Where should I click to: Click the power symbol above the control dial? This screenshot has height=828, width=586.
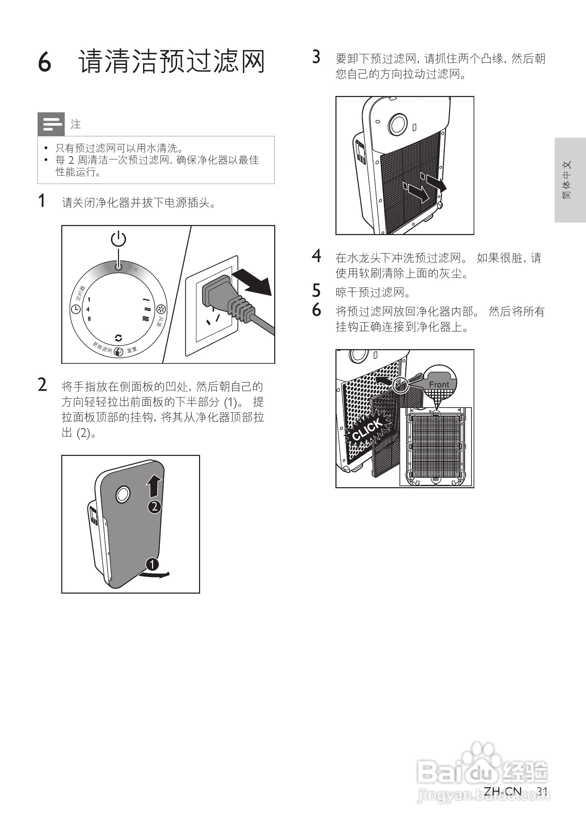point(118,240)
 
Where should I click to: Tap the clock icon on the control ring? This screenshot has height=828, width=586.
point(76,309)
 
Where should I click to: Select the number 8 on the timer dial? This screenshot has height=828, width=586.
point(89,319)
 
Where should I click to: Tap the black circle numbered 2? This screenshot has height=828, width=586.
point(155,507)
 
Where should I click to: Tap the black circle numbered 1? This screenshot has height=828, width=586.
point(152,564)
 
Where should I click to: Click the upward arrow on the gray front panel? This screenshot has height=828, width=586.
point(154,485)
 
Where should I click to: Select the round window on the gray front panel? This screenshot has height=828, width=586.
point(123,494)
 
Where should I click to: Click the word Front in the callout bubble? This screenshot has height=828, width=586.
point(439,384)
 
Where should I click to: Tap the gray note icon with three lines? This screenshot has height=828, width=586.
point(51,124)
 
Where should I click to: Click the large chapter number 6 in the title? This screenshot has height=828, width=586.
point(45,62)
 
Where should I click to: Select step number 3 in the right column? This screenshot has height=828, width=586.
point(316,57)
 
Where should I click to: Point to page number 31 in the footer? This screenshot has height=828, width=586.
point(542,791)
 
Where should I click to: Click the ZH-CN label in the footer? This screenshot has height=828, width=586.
point(502,791)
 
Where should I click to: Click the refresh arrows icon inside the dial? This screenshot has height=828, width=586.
point(118,338)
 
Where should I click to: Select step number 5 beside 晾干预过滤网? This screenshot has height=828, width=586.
point(316,291)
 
